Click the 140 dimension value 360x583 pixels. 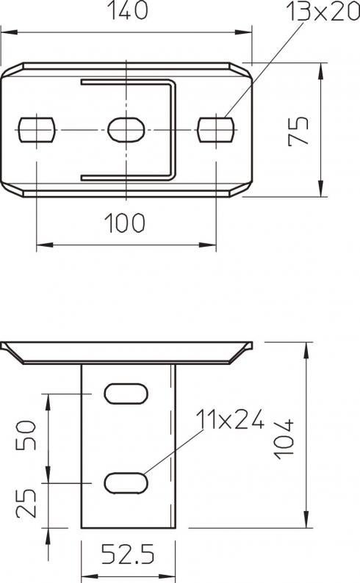127,10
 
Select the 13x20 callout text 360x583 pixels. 323,12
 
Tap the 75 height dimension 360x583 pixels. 298,131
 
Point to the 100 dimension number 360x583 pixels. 124,223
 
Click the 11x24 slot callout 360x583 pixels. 230,419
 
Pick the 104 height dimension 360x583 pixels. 284,439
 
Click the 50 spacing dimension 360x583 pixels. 26,435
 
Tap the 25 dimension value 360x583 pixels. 26,503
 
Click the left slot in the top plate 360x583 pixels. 37,130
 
